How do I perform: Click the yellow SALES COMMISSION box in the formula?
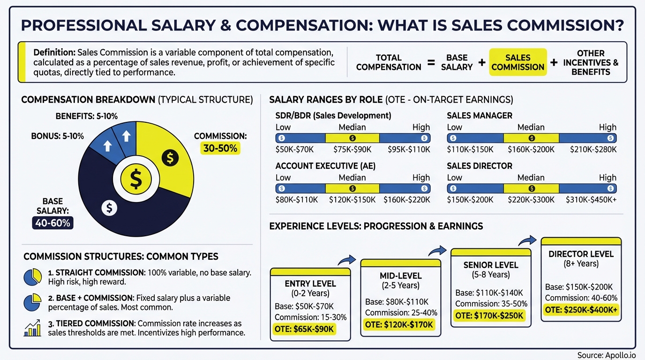[x=517, y=62]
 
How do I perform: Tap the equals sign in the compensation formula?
[x=431, y=62]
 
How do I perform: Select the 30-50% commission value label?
[x=220, y=148]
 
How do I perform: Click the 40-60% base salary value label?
[x=53, y=223]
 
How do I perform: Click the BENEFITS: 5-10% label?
[x=86, y=116]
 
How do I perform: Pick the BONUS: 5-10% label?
[x=58, y=136]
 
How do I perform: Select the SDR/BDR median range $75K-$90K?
[x=352, y=150]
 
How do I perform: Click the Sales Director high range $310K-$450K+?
[x=593, y=200]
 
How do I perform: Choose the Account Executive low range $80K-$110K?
[x=297, y=200]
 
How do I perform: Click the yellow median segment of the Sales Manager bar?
[x=531, y=138]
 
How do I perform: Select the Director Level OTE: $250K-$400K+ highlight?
[x=581, y=310]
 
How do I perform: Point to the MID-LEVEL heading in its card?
[x=400, y=276]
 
